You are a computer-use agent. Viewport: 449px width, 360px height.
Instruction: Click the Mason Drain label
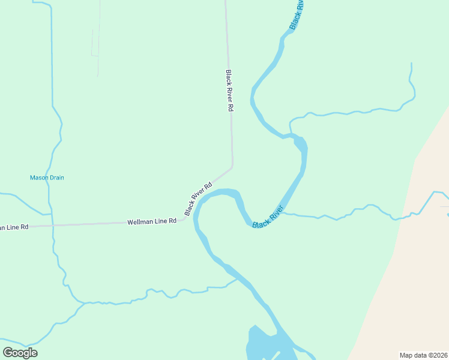point(47,178)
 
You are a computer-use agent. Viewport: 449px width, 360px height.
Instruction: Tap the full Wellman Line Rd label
point(152,221)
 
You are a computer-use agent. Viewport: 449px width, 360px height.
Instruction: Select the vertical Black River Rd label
point(229,91)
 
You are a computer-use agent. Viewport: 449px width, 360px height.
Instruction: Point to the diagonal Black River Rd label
point(199,199)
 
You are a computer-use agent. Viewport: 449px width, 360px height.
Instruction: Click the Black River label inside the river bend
point(268,217)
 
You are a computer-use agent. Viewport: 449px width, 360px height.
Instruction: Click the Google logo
point(20,352)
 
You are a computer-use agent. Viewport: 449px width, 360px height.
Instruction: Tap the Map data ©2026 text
point(423,355)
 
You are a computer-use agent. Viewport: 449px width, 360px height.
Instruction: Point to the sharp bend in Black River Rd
point(232,165)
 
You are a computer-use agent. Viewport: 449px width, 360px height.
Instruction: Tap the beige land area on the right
point(408,288)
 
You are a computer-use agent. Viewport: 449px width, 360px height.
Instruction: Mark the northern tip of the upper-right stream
point(411,64)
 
